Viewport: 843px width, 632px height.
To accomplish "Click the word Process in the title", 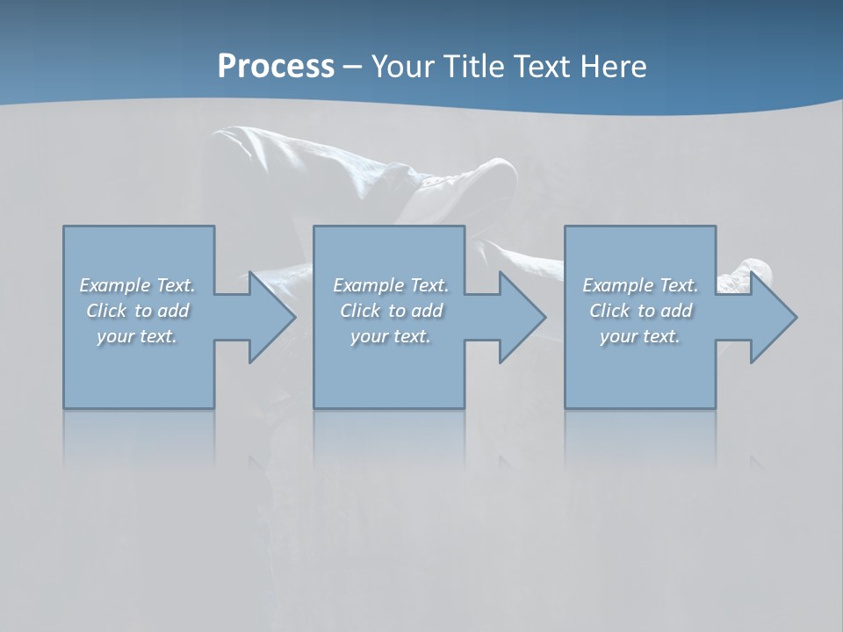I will tap(276, 67).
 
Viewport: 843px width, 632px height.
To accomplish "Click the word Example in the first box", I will tap(115, 285).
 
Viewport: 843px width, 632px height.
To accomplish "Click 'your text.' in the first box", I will tap(137, 336).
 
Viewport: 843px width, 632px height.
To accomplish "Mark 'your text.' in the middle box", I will tap(391, 336).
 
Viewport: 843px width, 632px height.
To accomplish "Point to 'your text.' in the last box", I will tap(640, 336).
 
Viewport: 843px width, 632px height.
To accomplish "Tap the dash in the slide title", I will tap(353, 67).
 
